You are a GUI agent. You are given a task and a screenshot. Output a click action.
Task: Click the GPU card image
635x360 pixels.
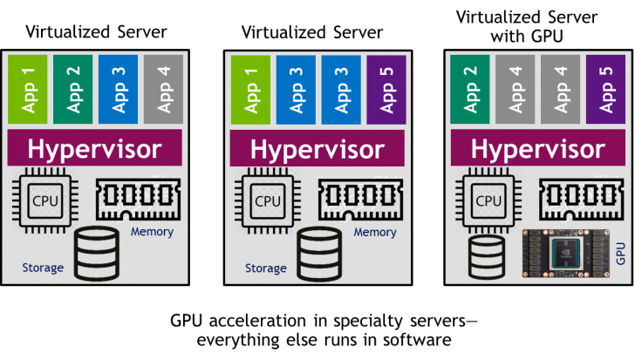[x=564, y=253]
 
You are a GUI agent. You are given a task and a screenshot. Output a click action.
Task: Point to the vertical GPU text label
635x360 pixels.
[x=619, y=254]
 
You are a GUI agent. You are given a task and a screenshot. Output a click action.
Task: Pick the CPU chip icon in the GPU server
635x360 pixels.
[x=485, y=201]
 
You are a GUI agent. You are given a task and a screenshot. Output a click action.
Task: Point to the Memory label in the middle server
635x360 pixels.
[x=375, y=233]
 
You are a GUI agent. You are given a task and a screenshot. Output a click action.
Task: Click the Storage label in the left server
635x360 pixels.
[x=43, y=268]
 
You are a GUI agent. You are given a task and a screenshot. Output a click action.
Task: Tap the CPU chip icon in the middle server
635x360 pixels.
[x=265, y=201]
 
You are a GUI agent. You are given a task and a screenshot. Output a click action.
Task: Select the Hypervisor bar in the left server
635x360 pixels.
[x=94, y=148]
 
